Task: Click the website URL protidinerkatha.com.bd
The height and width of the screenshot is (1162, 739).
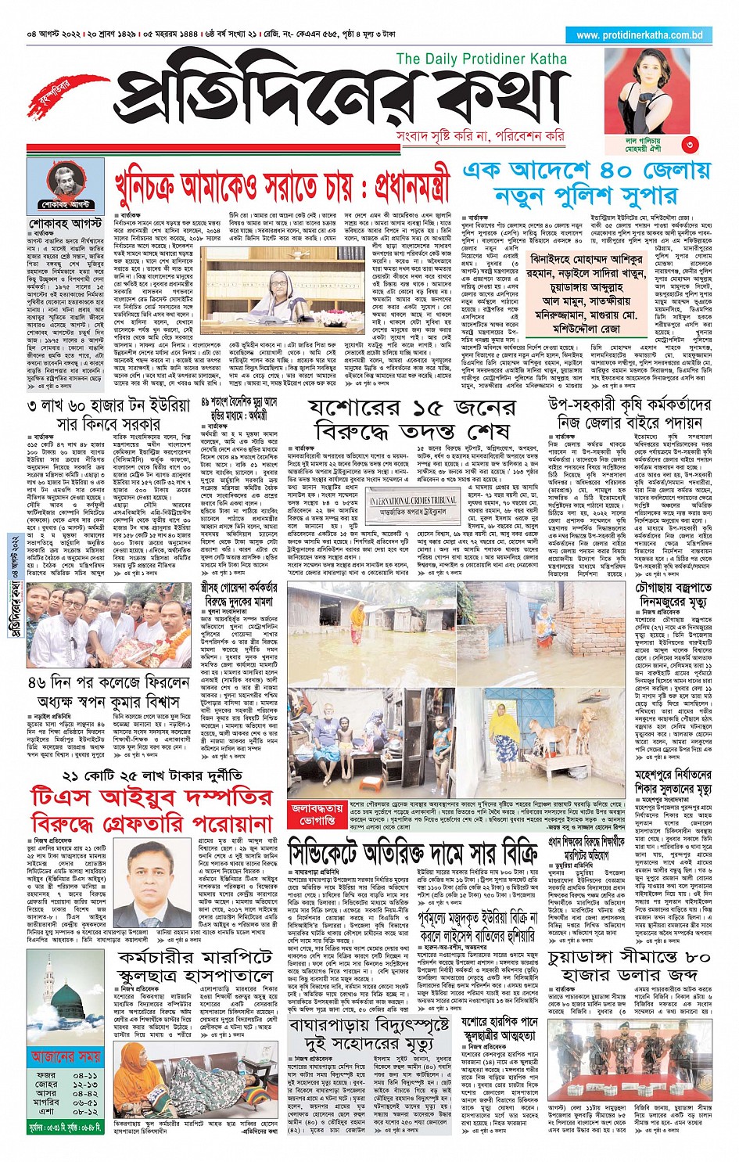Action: (x=639, y=35)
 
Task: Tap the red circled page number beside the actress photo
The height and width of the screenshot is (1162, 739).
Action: (x=689, y=144)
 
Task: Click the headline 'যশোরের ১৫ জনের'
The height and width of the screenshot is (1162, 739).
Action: (x=412, y=408)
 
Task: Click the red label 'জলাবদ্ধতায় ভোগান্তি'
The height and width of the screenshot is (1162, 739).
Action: (x=317, y=815)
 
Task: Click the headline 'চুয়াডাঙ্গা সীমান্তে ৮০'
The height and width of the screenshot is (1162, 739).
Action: (x=630, y=955)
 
